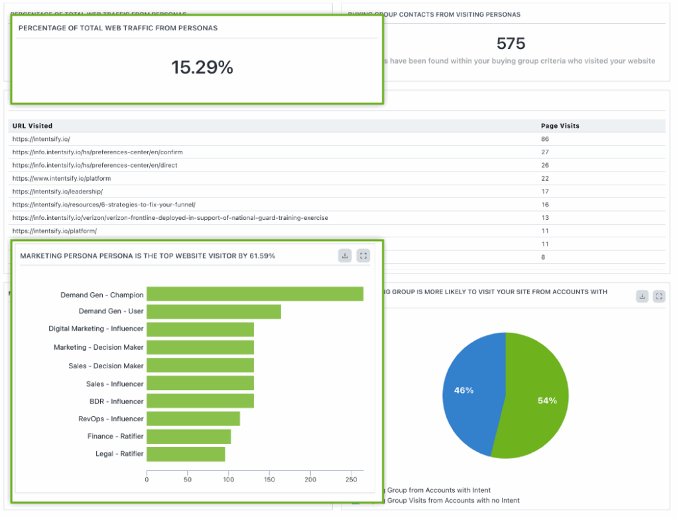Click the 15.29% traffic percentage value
coord(202,68)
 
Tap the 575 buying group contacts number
coord(511,44)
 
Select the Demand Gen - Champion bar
coord(255,294)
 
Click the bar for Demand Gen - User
coord(214,312)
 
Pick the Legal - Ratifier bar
coord(186,454)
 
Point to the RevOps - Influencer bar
coord(193,419)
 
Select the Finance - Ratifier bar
coord(188,437)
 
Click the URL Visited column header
coord(32,126)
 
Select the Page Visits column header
coord(560,126)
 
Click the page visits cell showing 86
coord(545,139)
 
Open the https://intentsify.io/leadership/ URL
coord(58,191)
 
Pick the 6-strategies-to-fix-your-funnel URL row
coord(103,205)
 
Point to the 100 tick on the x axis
coord(229,479)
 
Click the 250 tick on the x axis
coord(351,479)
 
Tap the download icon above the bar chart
coord(345,256)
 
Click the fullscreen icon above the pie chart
coord(658,297)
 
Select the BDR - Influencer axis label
coord(116,401)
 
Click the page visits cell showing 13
coord(545,218)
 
